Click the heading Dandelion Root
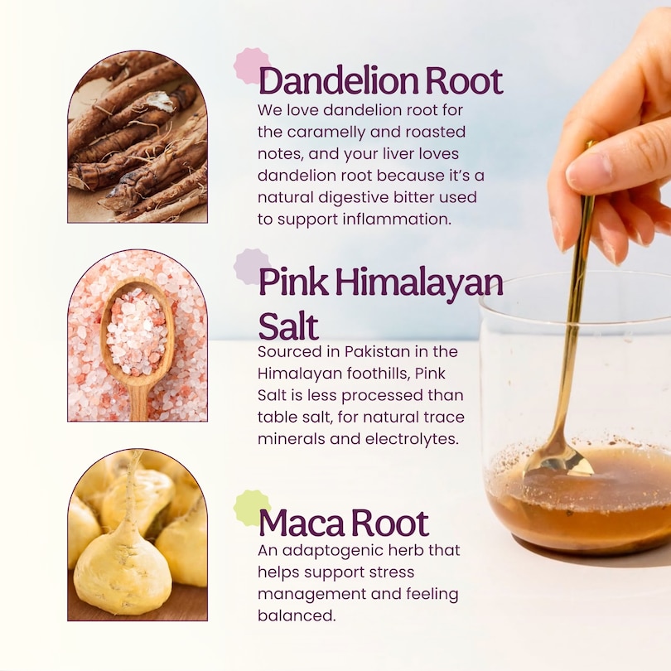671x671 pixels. coord(380,80)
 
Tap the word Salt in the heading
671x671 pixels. coord(288,326)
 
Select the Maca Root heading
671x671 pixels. coord(344,523)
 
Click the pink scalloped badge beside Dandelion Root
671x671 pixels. coord(252,65)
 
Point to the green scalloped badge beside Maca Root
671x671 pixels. coord(252,508)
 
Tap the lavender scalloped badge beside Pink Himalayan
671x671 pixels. coord(252,267)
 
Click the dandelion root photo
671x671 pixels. coord(138,137)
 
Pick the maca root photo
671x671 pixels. coord(138,535)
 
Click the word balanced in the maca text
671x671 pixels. coord(296,615)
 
